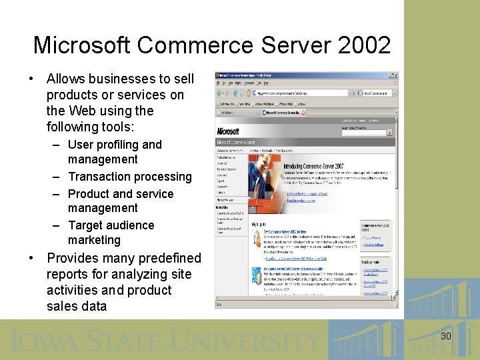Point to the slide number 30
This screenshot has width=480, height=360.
coord(445,336)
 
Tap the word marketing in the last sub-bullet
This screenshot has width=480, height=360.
coord(94,240)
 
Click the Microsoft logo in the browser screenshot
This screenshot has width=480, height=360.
coord(227,131)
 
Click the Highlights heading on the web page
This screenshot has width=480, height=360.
coord(259,225)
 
